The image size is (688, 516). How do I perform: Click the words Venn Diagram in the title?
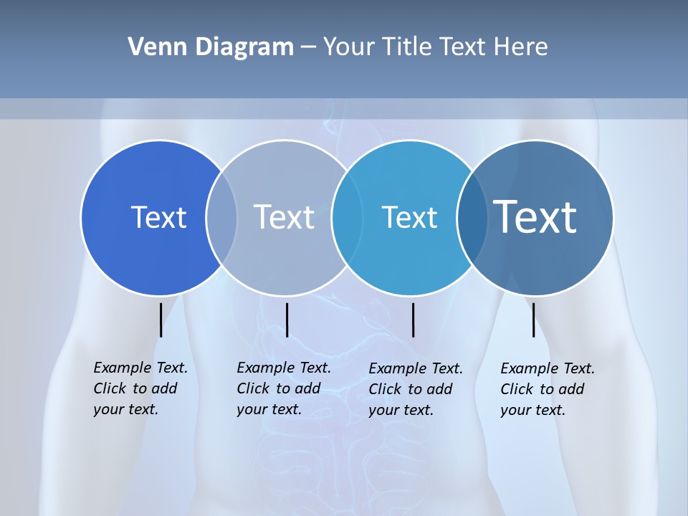(x=211, y=47)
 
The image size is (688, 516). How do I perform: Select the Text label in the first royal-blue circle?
(x=158, y=217)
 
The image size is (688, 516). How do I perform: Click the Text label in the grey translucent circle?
(x=285, y=217)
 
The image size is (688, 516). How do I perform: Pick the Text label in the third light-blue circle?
(x=409, y=217)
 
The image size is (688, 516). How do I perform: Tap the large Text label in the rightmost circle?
(x=535, y=216)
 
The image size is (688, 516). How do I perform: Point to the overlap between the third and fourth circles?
(x=471, y=217)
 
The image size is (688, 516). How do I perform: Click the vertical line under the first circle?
(x=161, y=320)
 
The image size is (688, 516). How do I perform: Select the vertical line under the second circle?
(x=287, y=320)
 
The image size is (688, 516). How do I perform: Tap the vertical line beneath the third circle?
(x=413, y=320)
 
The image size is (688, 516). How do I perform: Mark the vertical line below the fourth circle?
(x=533, y=320)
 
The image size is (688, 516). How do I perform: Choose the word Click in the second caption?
(x=252, y=388)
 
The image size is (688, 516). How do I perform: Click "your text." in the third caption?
(x=401, y=410)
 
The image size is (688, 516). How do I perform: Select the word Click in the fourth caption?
(x=516, y=389)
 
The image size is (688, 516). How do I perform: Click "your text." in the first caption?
(x=125, y=409)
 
